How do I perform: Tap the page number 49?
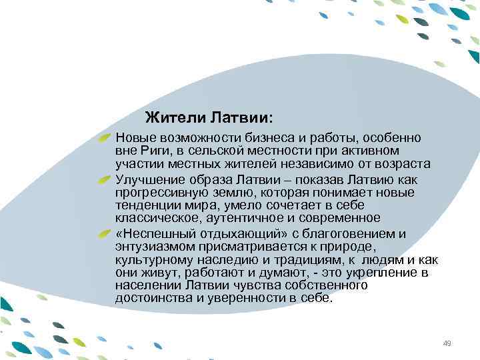click(x=447, y=343)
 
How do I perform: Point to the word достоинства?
click(x=149, y=298)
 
